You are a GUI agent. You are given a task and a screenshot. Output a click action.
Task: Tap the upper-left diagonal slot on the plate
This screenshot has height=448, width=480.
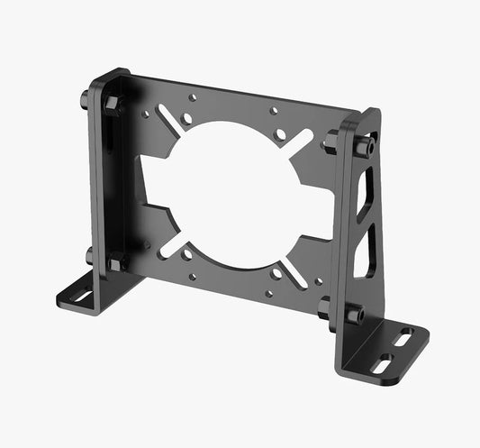click(x=168, y=116)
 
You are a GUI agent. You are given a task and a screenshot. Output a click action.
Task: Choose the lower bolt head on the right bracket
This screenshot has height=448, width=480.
click(x=355, y=315)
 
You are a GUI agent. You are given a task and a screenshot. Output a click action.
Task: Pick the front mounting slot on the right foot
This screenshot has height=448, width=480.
click(x=383, y=362)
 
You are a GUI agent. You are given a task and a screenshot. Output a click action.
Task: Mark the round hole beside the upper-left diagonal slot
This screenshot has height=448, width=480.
click(x=186, y=116)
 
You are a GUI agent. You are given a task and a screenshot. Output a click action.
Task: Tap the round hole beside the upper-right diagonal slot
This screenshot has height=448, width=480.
click(x=282, y=134)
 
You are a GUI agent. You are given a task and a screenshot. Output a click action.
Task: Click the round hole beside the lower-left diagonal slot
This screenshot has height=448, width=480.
click(x=187, y=255)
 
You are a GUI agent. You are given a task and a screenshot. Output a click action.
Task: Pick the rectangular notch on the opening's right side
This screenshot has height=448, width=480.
click(x=316, y=214)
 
